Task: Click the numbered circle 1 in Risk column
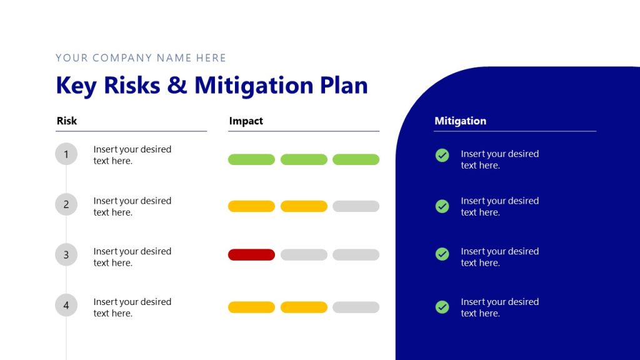(x=66, y=154)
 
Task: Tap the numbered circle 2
(x=66, y=204)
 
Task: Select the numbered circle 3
(x=66, y=255)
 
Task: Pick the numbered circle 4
(x=66, y=306)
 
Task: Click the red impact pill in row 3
(x=251, y=254)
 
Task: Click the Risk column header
(x=67, y=121)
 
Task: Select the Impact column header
(x=246, y=121)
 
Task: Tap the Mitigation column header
(x=460, y=121)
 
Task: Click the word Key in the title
(x=76, y=86)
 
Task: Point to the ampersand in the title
(x=177, y=86)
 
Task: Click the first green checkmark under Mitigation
(x=442, y=155)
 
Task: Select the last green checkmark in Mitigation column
(x=442, y=307)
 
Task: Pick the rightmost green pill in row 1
(x=356, y=159)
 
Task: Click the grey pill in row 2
(x=356, y=206)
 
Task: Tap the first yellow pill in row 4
(x=251, y=307)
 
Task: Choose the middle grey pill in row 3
(x=304, y=254)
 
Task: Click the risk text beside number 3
(x=132, y=257)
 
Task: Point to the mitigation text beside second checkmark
(x=499, y=206)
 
